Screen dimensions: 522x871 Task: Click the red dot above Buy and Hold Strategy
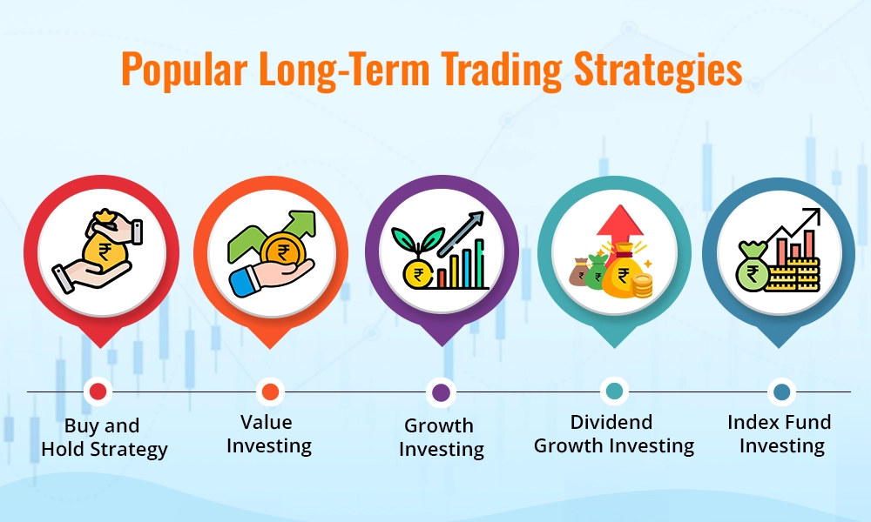click(x=98, y=391)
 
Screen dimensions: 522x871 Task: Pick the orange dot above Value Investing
click(x=269, y=391)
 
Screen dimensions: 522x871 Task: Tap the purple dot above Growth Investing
click(x=441, y=391)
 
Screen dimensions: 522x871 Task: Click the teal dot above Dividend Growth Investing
click(x=614, y=391)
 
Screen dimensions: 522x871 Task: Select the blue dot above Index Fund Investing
click(x=780, y=391)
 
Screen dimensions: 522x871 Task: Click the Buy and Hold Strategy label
click(x=104, y=438)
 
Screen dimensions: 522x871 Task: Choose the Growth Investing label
click(x=441, y=438)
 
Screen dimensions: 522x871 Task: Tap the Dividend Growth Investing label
click(x=614, y=434)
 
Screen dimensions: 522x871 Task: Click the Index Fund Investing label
click(x=779, y=434)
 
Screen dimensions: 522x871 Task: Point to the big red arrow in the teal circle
click(x=614, y=227)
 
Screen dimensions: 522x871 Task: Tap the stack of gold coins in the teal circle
click(x=643, y=284)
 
